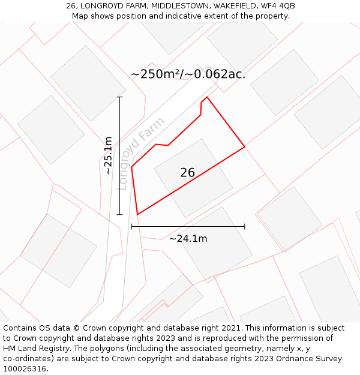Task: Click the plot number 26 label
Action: click(x=187, y=173)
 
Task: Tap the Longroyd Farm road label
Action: click(x=141, y=154)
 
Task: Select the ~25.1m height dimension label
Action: click(x=108, y=155)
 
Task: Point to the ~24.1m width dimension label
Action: click(x=188, y=239)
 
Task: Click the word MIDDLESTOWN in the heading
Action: click(x=179, y=6)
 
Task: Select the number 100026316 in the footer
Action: click(x=25, y=368)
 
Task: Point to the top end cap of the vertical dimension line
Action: click(x=119, y=97)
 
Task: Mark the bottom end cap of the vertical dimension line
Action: click(x=119, y=214)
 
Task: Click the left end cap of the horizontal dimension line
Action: click(x=131, y=227)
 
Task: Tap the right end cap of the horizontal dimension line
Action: click(x=245, y=227)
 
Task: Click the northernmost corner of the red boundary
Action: click(x=207, y=97)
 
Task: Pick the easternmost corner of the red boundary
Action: click(x=245, y=146)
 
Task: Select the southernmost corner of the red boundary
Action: click(x=137, y=215)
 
